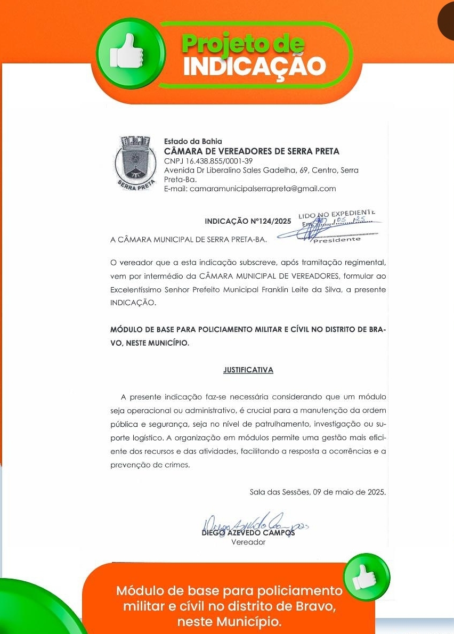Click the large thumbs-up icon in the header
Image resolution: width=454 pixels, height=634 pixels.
128,53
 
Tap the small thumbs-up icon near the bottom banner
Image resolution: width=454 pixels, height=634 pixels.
367,576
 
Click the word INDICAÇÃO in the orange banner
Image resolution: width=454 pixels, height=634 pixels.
254,66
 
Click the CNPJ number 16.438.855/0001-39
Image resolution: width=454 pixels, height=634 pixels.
208,161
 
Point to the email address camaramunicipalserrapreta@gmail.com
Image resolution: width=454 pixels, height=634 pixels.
250,189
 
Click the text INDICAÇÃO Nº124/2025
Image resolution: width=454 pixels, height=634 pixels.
248,221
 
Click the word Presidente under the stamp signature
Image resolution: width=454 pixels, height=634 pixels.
337,239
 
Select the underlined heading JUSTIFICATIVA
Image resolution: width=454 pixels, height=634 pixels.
248,370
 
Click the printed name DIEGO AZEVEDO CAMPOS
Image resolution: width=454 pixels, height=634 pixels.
248,533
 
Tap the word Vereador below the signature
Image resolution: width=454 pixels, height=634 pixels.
248,542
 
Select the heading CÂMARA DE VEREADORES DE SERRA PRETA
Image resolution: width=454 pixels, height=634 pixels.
252,151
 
